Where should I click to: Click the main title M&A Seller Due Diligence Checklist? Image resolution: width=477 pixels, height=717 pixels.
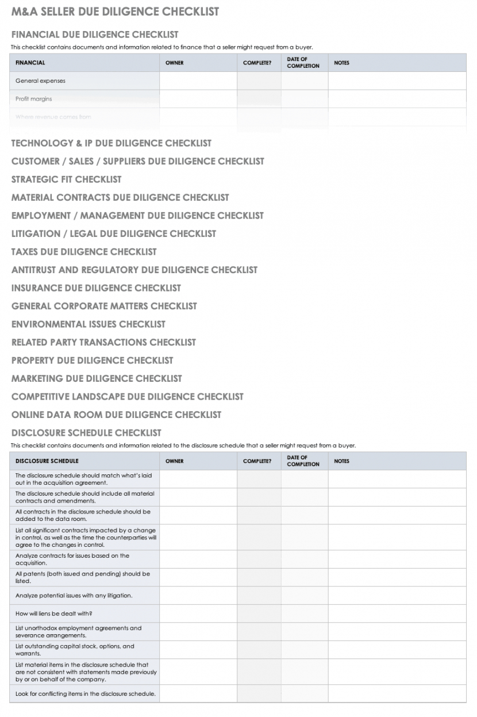pos(115,11)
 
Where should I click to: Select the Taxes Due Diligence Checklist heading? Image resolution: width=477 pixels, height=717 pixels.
pos(84,252)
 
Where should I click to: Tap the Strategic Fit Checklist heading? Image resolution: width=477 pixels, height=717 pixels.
pos(67,179)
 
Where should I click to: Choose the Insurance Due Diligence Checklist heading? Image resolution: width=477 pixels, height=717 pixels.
pos(96,288)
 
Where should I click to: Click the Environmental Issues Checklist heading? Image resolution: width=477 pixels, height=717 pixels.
pos(89,324)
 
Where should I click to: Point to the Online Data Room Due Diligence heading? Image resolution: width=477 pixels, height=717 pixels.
pos(116,415)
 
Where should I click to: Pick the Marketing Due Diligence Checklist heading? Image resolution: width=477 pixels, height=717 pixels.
pos(97,378)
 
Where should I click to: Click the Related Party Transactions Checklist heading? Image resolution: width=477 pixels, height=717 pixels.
pos(103,342)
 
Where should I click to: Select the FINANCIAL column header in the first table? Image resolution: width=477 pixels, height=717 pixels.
pos(30,63)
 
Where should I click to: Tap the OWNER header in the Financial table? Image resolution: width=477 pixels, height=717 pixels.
pos(175,63)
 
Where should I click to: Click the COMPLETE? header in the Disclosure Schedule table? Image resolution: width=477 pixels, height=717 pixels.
pos(257,461)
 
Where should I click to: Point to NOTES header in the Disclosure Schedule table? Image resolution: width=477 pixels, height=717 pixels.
pos(341,461)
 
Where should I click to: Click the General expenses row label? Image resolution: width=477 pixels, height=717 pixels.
pos(40,81)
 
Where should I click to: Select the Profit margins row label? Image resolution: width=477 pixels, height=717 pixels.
pos(33,99)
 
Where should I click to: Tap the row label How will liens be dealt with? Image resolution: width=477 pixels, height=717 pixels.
pos(54,614)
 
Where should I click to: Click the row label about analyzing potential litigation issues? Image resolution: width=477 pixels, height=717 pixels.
pos(74,595)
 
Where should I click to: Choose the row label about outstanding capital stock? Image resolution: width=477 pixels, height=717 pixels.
pos(75,650)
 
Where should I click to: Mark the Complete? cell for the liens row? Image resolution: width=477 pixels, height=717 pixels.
pos(259,614)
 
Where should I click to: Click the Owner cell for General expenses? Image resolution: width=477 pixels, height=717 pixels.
pos(198,81)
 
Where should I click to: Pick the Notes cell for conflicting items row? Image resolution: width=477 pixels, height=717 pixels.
pos(397,693)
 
